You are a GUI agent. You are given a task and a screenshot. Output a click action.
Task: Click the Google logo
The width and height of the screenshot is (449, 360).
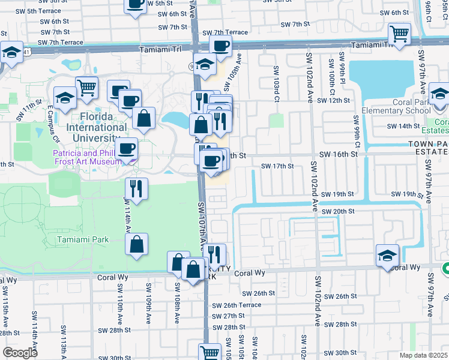[20, 353]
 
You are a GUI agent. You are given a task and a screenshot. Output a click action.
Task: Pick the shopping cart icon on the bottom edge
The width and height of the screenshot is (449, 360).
[209, 352]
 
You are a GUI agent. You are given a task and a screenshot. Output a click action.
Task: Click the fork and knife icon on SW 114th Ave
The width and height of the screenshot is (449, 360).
[136, 188]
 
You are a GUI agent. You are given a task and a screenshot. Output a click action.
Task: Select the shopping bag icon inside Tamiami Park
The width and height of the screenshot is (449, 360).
[136, 244]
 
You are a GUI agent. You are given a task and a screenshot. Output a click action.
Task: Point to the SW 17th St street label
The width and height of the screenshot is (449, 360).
[277, 166]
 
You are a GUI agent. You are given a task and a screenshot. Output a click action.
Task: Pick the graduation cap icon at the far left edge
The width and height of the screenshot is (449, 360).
[11, 53]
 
